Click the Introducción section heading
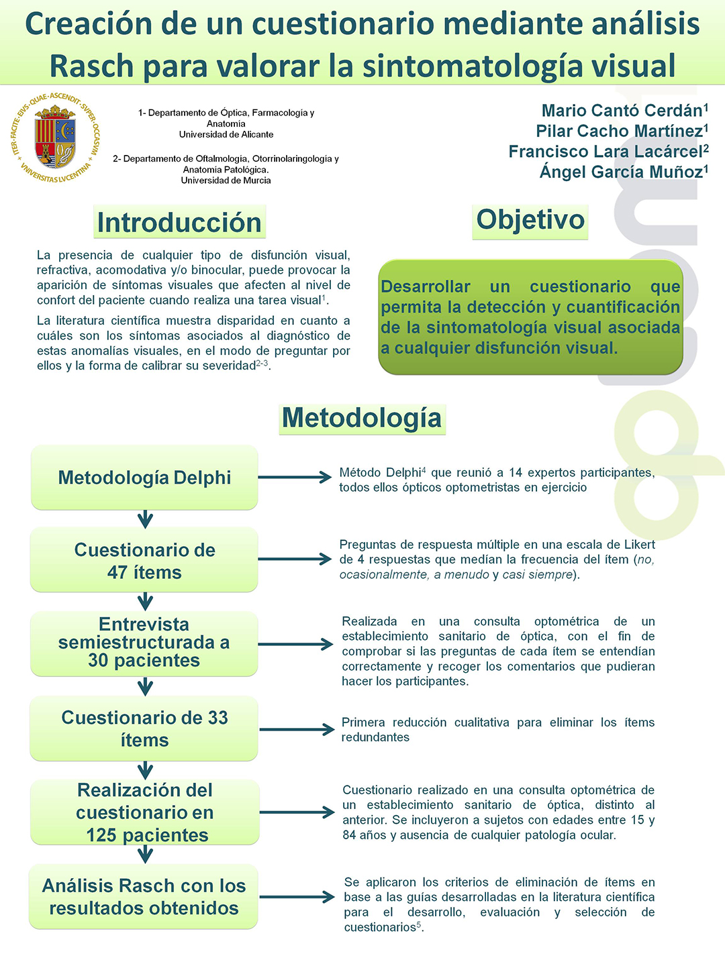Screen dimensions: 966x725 pos(179,223)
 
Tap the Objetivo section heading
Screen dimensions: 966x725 pos(530,220)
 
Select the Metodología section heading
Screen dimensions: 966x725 pos(362,418)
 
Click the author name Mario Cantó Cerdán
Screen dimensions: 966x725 pos(622,111)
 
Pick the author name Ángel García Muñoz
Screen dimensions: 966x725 pos(621,172)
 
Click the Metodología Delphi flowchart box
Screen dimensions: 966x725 pos(144,478)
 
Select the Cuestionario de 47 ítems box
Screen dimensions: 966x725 pos(144,561)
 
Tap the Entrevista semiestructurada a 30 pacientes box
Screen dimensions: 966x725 pos(144,643)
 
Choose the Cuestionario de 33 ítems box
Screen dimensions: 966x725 pos(144,729)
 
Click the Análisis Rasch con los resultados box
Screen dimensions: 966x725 pos(144,897)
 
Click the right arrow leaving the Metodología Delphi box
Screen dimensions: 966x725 pos(295,478)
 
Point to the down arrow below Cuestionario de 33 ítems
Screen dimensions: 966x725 pos(145,769)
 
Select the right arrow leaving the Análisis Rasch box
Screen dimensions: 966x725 pos(296,897)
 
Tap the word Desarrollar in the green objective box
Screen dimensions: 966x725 pos(426,287)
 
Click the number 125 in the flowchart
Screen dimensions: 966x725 pos(101,835)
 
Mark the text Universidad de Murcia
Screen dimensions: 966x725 pos(226,180)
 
